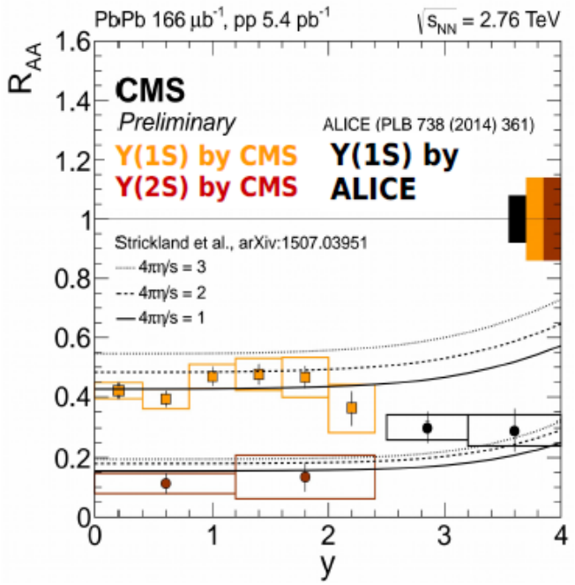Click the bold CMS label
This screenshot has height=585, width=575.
point(150,90)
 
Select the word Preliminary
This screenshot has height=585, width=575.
point(177,122)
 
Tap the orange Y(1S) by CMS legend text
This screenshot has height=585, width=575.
point(206,155)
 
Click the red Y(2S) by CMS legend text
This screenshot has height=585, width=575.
point(206,187)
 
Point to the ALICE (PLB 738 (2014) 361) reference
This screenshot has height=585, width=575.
point(429,124)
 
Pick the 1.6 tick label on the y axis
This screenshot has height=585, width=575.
point(72,42)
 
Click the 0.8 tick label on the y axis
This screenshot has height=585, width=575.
point(72,278)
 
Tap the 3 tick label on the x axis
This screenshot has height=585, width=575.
point(444,537)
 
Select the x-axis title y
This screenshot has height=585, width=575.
point(328,565)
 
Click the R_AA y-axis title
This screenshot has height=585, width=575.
point(25,68)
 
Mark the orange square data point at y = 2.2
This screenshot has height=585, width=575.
point(351,408)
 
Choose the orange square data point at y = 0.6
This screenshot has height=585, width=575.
point(166,399)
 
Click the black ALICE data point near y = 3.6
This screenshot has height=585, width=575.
point(514,431)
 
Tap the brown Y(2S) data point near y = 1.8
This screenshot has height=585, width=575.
point(305,477)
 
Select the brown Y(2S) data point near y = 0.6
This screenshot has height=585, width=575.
point(166,484)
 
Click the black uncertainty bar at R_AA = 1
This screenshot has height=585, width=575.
point(517,219)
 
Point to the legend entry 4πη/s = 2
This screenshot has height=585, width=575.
point(161,293)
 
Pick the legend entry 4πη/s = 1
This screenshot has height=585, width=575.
point(161,318)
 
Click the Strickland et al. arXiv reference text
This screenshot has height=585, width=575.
point(241,243)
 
